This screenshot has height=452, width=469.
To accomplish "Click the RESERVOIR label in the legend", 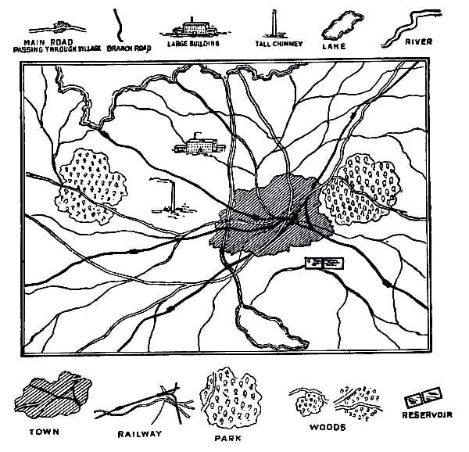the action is click(x=427, y=415).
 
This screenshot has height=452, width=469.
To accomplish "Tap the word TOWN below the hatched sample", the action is click(x=45, y=432).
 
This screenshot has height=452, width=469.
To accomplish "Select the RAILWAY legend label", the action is click(x=140, y=434).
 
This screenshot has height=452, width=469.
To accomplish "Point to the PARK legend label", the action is click(x=228, y=439).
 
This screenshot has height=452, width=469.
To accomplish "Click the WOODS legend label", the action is click(x=328, y=427).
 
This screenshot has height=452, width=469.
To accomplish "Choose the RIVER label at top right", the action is click(x=419, y=42).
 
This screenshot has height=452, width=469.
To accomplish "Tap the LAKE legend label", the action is click(x=334, y=46).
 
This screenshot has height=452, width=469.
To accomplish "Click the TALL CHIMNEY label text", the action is click(x=279, y=44).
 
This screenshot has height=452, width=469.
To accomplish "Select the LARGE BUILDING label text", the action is click(x=193, y=44).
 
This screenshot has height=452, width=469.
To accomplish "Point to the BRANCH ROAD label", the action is click(x=129, y=48).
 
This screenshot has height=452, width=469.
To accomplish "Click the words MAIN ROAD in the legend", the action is click(x=48, y=42).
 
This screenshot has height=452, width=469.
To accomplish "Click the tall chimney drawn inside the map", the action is click(x=173, y=196).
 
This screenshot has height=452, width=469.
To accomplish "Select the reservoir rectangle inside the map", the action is click(x=324, y=264).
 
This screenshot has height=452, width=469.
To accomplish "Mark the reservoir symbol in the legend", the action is click(x=423, y=398).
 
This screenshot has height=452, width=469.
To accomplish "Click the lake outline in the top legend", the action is click(x=342, y=26).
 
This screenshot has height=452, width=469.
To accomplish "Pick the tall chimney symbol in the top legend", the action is click(x=274, y=24).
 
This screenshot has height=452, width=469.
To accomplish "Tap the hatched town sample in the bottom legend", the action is click(x=53, y=395).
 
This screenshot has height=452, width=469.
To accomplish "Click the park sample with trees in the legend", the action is click(x=231, y=399).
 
